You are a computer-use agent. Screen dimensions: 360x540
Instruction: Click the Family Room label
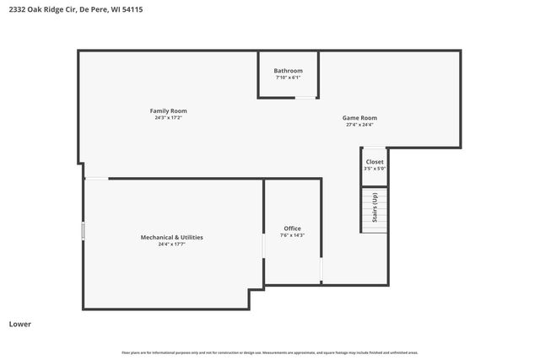[x=168, y=110]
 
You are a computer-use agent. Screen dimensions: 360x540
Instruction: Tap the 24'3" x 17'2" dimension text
[x=168, y=118]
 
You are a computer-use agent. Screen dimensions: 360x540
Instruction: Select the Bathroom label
[x=288, y=70]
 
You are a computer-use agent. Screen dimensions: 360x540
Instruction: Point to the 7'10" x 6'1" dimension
[x=288, y=78]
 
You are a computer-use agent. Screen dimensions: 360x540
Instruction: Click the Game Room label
[x=359, y=117]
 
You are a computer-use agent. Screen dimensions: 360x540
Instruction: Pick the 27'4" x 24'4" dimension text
[x=359, y=125]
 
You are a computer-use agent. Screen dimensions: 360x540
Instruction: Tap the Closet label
[x=374, y=161]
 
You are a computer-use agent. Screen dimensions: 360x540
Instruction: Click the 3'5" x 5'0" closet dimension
[x=374, y=169]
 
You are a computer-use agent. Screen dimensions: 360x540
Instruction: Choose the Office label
[x=292, y=228]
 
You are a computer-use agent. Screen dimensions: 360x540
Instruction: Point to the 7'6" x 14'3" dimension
[x=292, y=235]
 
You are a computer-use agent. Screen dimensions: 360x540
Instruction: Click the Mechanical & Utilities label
[x=171, y=237]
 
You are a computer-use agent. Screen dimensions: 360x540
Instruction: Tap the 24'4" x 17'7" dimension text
[x=171, y=244]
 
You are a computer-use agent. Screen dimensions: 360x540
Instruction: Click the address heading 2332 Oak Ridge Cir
[x=52, y=9]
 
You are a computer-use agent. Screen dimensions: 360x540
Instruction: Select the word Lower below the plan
[x=20, y=324]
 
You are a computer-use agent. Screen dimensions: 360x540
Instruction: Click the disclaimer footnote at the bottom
[x=270, y=352]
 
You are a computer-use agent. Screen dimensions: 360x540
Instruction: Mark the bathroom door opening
[x=305, y=98]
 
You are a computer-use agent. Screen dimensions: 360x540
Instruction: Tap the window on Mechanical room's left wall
[x=83, y=230]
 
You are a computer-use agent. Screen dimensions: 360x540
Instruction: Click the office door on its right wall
[x=321, y=271]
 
